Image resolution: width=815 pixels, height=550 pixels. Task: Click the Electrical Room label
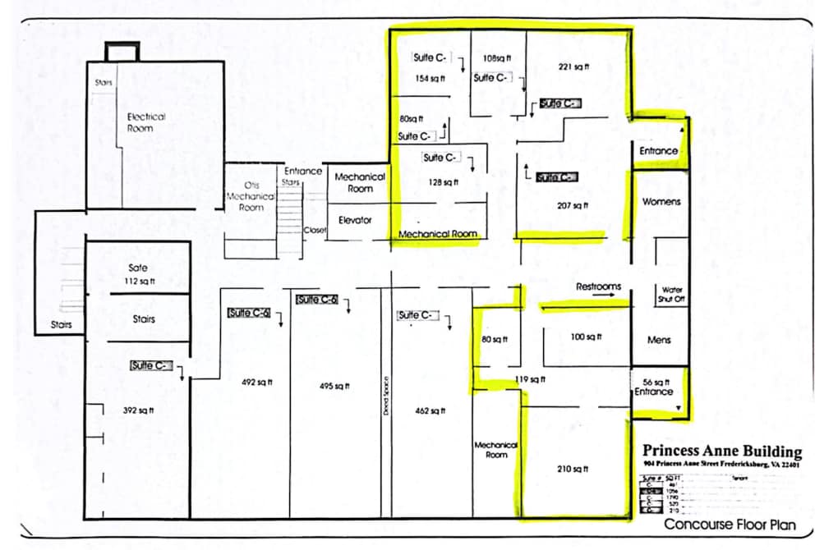tap(146, 122)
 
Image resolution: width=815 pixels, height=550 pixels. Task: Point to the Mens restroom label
tap(658, 340)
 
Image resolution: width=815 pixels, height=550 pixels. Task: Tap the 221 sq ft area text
tap(572, 66)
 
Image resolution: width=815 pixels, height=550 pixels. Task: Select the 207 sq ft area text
tap(570, 204)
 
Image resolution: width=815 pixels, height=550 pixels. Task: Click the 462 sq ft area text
tap(430, 410)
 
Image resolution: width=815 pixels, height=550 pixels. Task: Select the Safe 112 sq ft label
tap(138, 275)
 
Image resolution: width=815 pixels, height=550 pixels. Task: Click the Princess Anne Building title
tap(721, 451)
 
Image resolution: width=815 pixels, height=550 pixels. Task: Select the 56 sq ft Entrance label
tap(654, 387)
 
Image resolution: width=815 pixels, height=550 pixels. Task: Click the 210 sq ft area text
tap(573, 469)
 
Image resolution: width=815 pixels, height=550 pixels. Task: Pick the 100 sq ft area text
tap(586, 337)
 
